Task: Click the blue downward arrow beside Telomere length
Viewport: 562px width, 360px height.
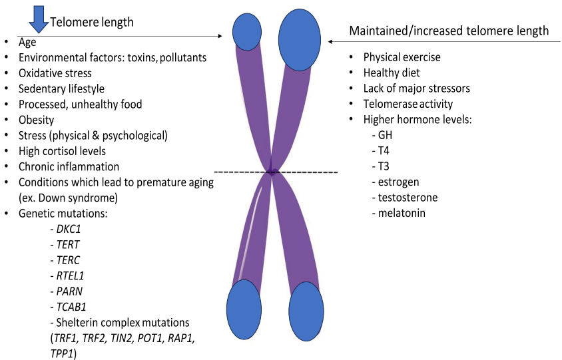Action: point(39,19)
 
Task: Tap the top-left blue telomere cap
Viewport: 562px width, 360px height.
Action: point(246,31)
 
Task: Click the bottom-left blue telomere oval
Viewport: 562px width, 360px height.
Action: point(245,309)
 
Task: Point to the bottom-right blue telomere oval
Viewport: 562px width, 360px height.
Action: point(306,311)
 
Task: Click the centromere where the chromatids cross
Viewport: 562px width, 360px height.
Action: point(272,172)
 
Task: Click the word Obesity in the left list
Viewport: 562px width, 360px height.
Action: point(37,120)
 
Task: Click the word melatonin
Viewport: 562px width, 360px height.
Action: point(402,213)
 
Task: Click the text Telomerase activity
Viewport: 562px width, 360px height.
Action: point(408,104)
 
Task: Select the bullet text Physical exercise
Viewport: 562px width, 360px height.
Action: point(402,57)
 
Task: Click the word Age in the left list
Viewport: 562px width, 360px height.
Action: point(27,43)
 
